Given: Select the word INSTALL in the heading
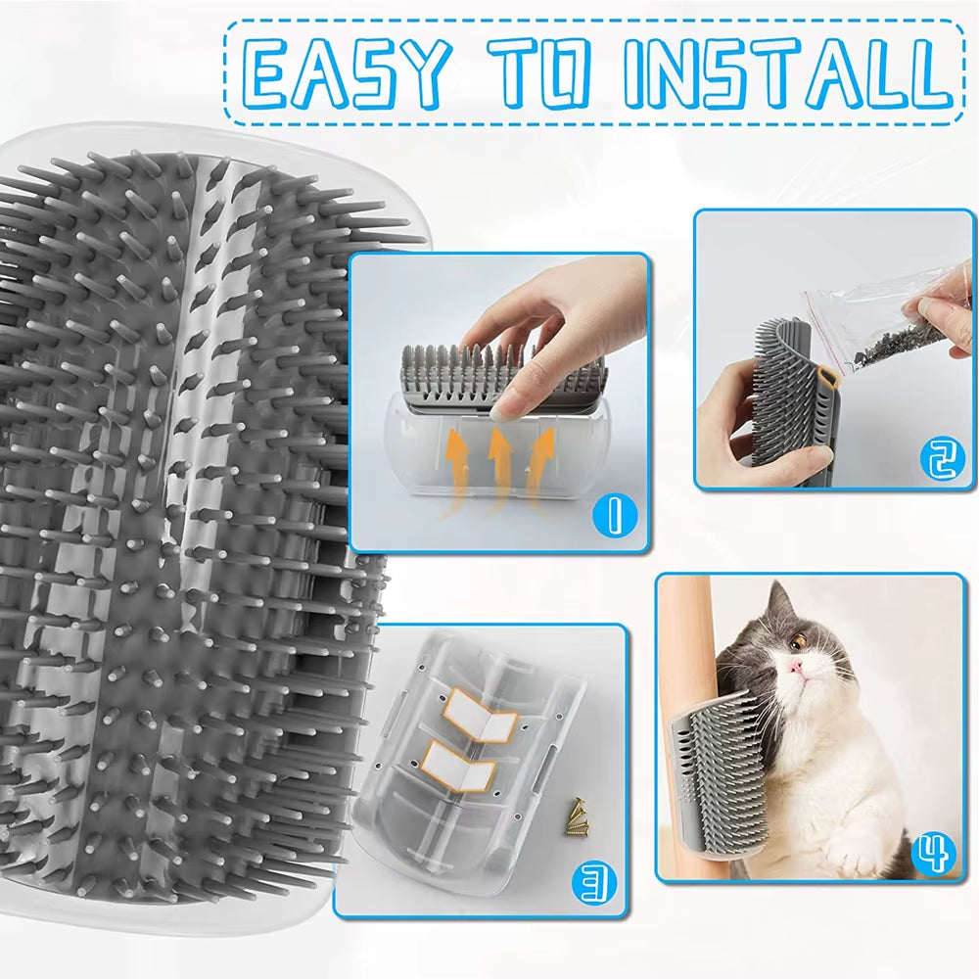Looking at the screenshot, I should point(783,74).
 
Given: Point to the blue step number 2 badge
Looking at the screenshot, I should point(941,458).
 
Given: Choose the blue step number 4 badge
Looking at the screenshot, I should point(934,854).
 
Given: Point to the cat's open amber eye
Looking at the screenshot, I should point(799,640).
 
